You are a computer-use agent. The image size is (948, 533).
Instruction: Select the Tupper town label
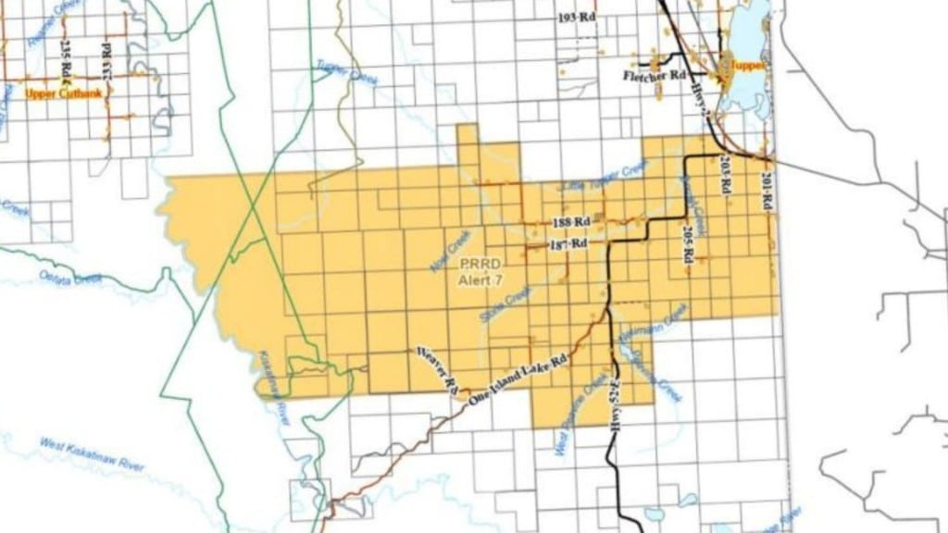tap(747, 67)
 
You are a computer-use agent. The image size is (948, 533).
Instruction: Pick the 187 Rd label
tap(569, 243)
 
